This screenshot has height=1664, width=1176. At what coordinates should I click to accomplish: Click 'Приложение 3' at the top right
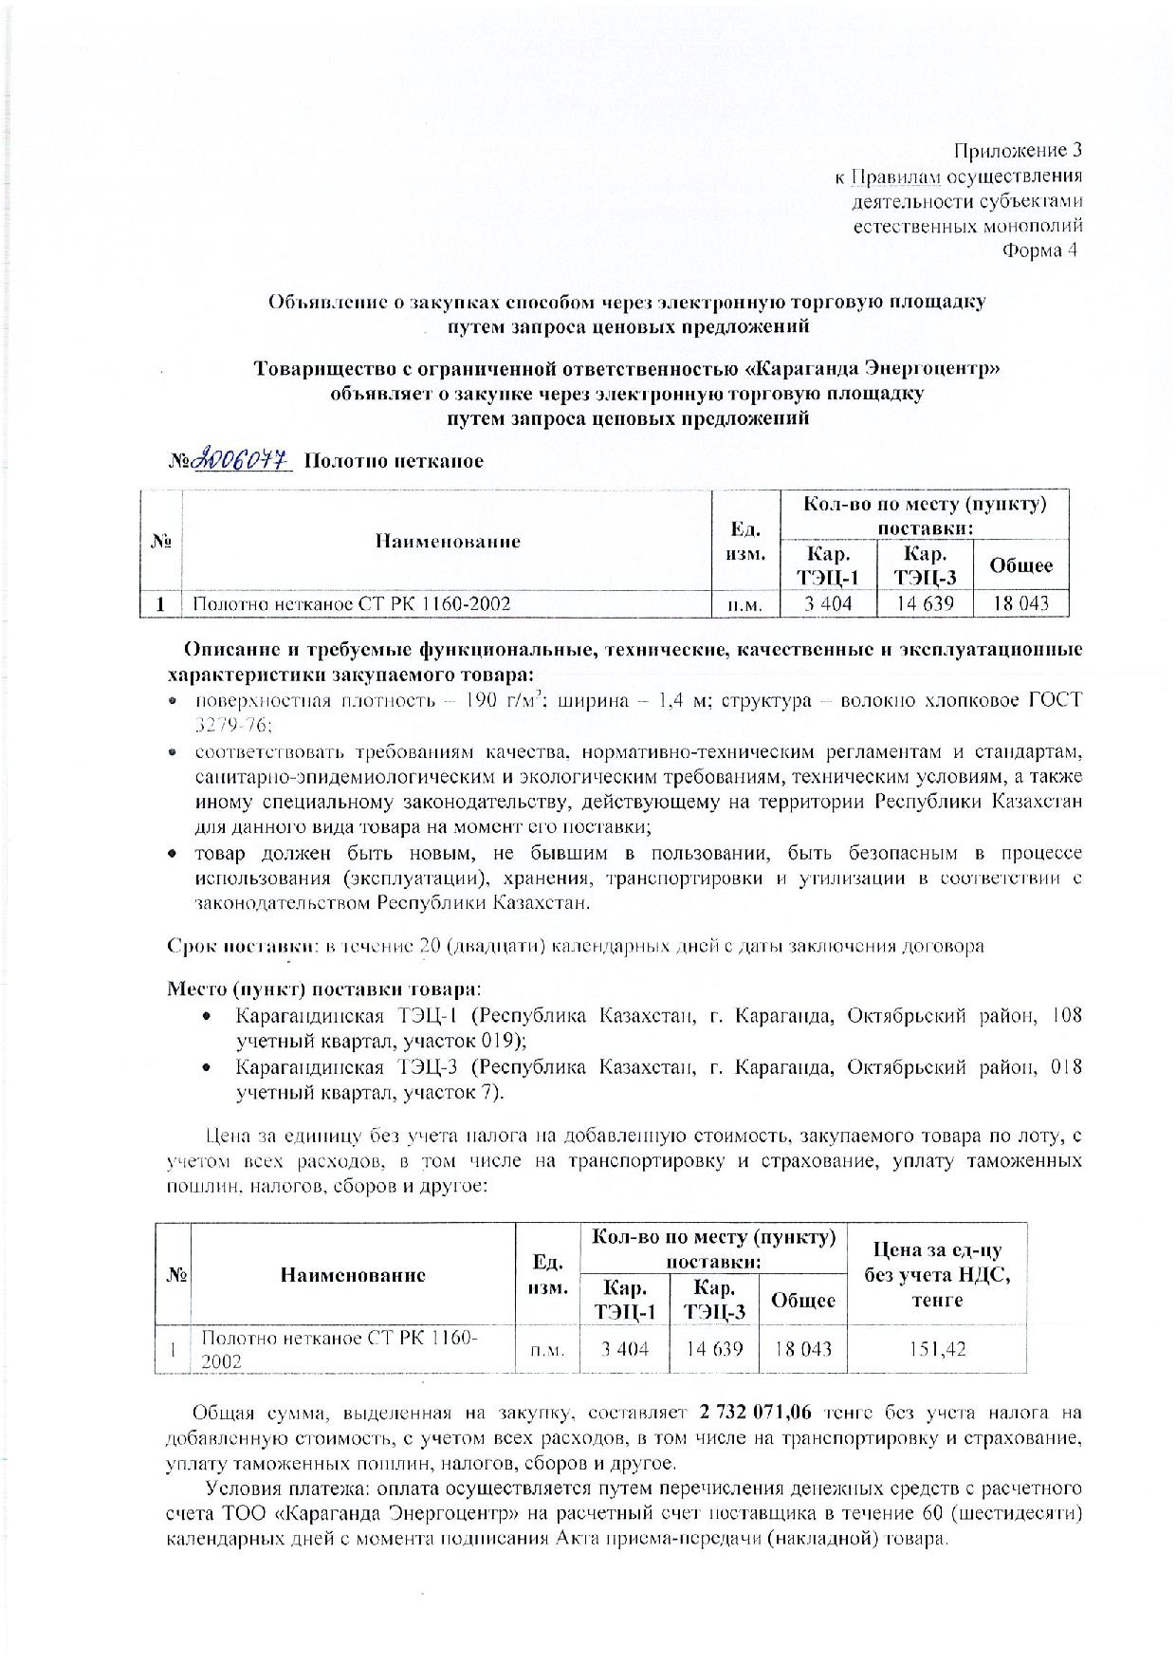click(1017, 151)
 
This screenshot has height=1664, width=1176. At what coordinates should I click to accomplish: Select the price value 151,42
click(938, 1348)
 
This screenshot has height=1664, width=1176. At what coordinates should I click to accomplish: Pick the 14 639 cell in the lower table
click(713, 1348)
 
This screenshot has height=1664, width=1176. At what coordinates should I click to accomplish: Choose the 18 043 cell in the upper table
click(1020, 603)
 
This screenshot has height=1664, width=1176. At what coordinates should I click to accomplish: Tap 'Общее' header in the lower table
click(803, 1300)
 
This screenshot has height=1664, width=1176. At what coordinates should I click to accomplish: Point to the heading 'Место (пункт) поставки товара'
click(322, 988)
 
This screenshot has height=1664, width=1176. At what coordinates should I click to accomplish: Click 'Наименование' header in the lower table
click(353, 1275)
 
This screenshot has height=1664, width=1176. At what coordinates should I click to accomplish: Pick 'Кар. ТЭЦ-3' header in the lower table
click(713, 1300)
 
